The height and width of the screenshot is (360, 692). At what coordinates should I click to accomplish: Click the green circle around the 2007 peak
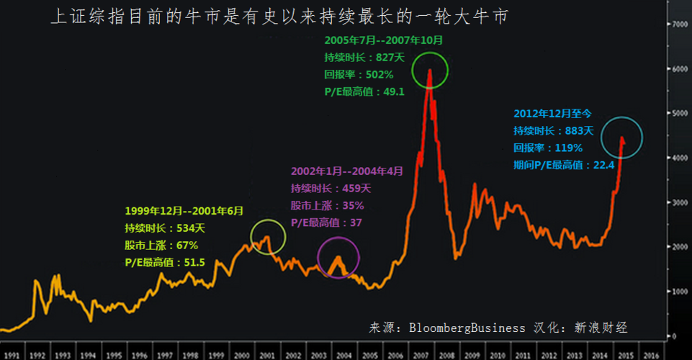pyautogui.click(x=431, y=70)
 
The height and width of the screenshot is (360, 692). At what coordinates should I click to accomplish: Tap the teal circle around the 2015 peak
pyautogui.click(x=621, y=138)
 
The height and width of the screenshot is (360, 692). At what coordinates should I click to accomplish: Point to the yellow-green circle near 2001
pyautogui.click(x=268, y=237)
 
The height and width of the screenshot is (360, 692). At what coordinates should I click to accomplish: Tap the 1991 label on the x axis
pyautogui.click(x=12, y=355)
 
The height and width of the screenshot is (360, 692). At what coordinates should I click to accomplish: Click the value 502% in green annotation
pyautogui.click(x=379, y=74)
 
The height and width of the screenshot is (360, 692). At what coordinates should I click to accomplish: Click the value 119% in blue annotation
pyautogui.click(x=568, y=148)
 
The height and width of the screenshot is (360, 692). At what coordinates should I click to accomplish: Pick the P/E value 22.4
pyautogui.click(x=601, y=165)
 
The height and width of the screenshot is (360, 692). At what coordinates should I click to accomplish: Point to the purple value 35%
pyautogui.click(x=345, y=205)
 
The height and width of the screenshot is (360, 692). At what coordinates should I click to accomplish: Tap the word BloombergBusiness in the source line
pyautogui.click(x=468, y=328)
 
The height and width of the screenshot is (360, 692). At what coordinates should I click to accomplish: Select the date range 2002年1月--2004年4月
pyautogui.click(x=346, y=171)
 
